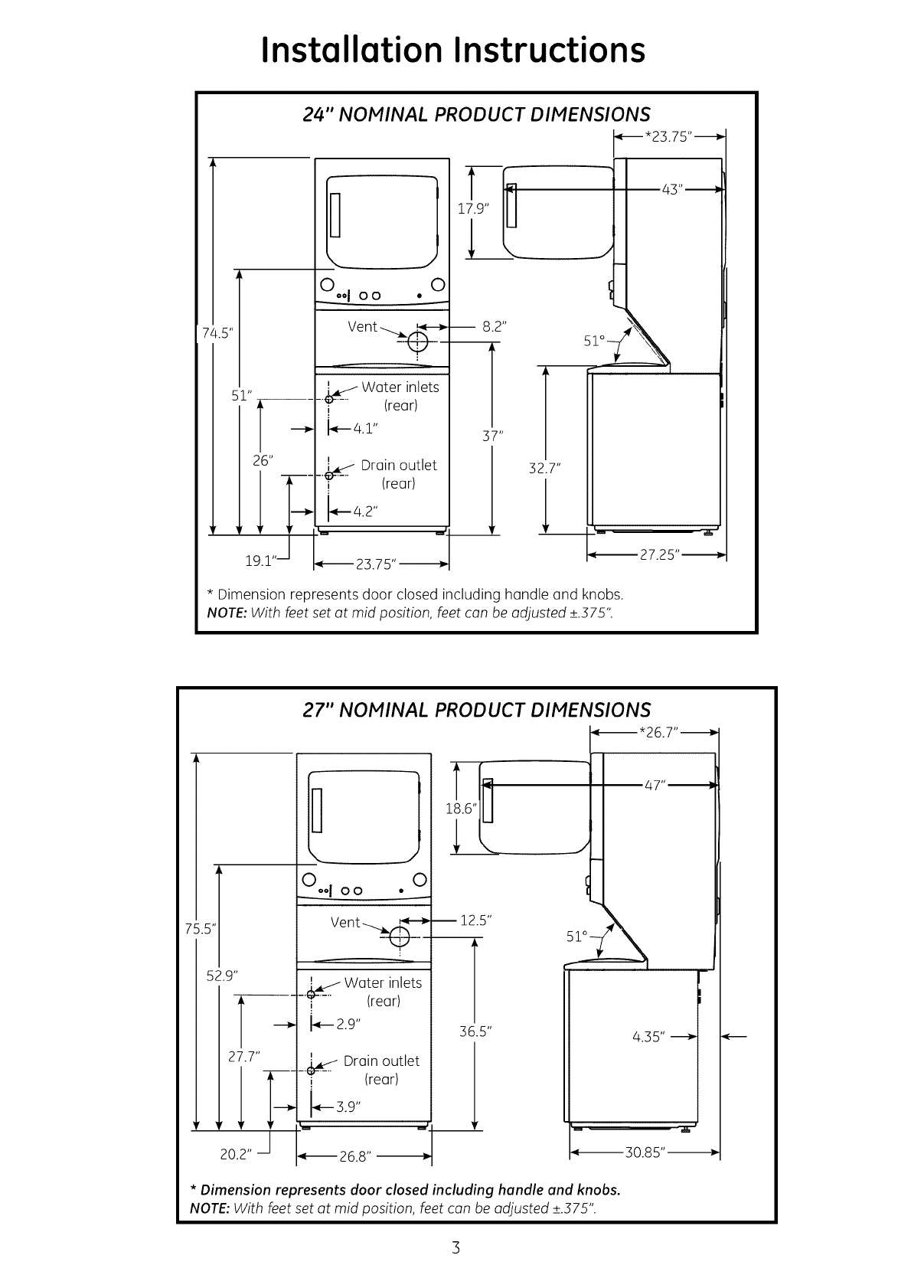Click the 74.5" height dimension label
click(x=217, y=333)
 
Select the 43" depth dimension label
click(x=672, y=189)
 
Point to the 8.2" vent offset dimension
click(x=494, y=326)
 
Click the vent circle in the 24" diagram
click(x=418, y=341)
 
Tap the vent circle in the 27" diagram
click(x=400, y=937)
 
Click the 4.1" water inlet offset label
click(x=365, y=429)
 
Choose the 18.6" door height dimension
click(x=461, y=808)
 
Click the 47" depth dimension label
click(x=654, y=785)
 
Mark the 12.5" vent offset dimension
click(x=474, y=920)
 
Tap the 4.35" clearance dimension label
click(x=649, y=1038)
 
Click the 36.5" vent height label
click(x=475, y=1031)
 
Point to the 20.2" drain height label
click(x=236, y=1154)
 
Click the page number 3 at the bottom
click(x=455, y=1248)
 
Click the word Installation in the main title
click(x=351, y=50)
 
